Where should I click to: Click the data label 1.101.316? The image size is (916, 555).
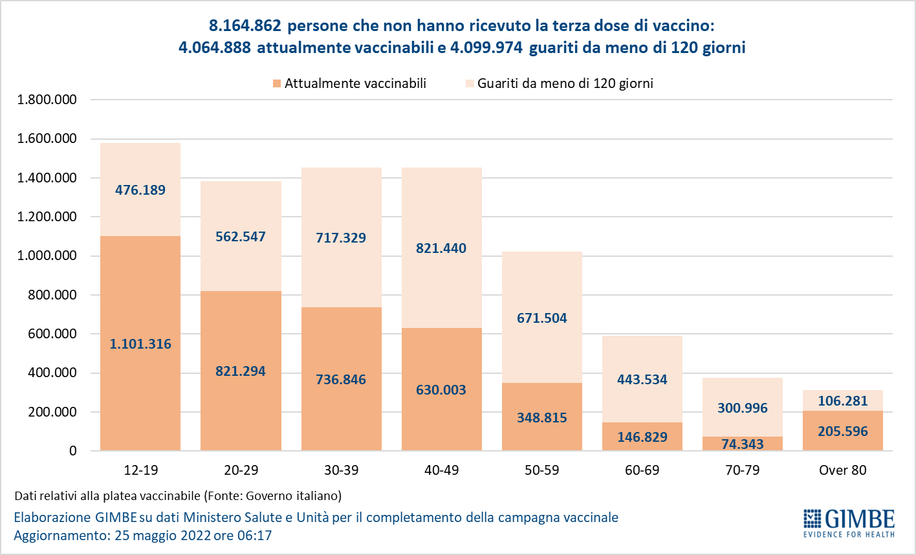140,344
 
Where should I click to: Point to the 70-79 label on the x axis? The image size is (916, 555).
742,470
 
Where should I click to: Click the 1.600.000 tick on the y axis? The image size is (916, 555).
47,139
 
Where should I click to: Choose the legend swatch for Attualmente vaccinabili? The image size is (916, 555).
276,83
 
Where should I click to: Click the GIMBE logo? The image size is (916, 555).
849,523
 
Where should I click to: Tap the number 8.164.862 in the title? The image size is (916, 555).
245,26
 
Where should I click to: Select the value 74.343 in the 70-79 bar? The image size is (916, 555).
742,444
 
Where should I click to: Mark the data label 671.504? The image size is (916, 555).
542,318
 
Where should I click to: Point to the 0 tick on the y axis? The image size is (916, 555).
72,451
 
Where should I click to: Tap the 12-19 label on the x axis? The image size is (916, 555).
140,470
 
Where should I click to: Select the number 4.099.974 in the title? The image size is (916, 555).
486,48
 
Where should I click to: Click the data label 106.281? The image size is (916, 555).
842,401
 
